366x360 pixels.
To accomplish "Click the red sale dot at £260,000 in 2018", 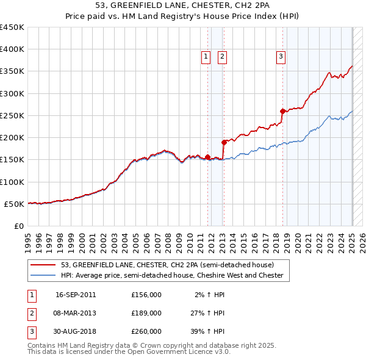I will (x=282, y=111).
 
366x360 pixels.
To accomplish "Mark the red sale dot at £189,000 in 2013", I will (x=224, y=142).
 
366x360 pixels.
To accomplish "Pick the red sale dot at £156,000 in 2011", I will (x=208, y=157).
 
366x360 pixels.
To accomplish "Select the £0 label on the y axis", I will (x=18, y=226).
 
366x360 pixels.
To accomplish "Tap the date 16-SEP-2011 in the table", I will (x=76, y=295).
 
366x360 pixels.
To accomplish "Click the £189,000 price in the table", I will (x=146, y=313).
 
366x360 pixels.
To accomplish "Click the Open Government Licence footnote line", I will (x=129, y=352).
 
